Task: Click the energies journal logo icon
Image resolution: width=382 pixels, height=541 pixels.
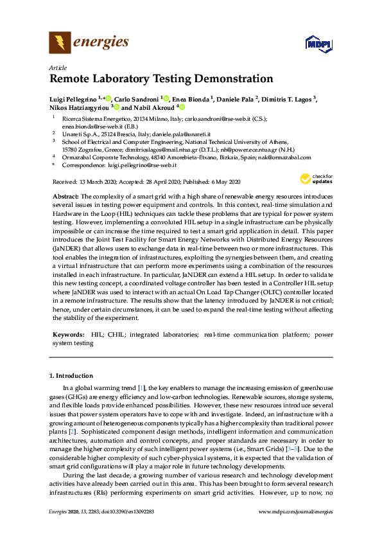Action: coord(60,43)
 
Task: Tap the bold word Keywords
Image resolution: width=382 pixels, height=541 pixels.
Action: coord(69,335)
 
